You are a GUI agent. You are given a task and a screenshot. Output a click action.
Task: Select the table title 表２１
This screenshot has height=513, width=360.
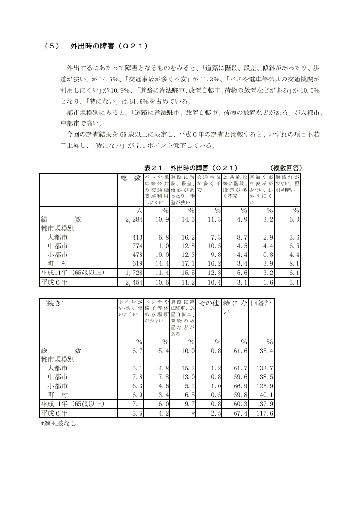(155, 167)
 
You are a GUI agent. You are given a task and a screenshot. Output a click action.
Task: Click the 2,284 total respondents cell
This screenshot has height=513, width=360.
(129, 220)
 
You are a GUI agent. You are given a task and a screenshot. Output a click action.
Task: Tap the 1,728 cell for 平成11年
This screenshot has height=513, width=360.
(129, 273)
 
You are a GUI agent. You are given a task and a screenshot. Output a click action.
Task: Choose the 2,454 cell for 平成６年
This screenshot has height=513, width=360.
(129, 282)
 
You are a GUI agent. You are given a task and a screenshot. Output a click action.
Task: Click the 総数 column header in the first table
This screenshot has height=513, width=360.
(130, 178)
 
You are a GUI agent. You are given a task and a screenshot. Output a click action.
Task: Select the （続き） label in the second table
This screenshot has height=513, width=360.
(54, 303)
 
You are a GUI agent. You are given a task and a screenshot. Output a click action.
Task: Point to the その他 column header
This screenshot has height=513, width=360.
(209, 303)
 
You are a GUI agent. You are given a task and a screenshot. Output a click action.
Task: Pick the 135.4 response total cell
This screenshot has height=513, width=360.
(265, 350)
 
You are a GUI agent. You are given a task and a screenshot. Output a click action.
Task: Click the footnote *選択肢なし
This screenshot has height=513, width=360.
(58, 423)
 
